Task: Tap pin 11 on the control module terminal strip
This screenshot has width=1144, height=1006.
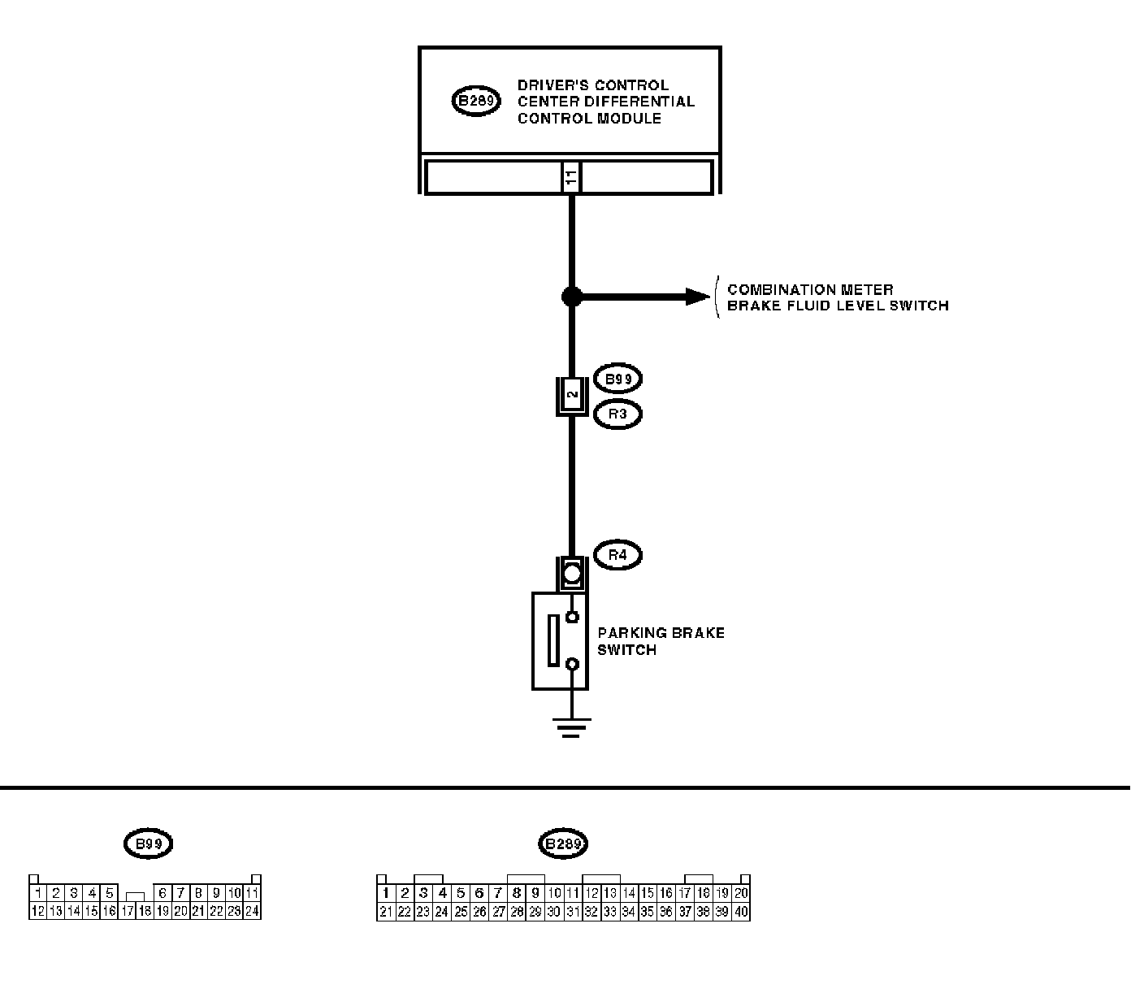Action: click(571, 177)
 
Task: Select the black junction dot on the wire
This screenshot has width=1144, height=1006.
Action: click(572, 297)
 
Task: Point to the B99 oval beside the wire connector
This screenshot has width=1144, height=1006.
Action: click(617, 379)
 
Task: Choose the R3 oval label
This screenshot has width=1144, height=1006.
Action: click(617, 414)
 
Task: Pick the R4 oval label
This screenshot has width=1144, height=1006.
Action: click(617, 556)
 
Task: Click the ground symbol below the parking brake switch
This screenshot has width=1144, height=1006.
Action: click(572, 726)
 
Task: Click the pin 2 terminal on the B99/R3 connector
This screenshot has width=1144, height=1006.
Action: click(572, 396)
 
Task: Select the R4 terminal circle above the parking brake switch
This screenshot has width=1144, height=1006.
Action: click(572, 575)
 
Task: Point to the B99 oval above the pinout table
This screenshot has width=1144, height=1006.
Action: click(148, 843)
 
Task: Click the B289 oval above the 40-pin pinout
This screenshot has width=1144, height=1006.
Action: click(562, 843)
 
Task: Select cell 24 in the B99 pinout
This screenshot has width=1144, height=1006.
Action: click(252, 912)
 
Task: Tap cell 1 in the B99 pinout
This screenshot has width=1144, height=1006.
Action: click(38, 893)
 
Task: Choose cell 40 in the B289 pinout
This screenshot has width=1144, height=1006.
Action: click(740, 912)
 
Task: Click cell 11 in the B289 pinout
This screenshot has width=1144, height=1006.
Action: click(573, 893)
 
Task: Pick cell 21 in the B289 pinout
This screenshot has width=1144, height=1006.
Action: click(386, 912)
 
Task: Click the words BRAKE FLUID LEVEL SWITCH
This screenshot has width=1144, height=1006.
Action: click(838, 306)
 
